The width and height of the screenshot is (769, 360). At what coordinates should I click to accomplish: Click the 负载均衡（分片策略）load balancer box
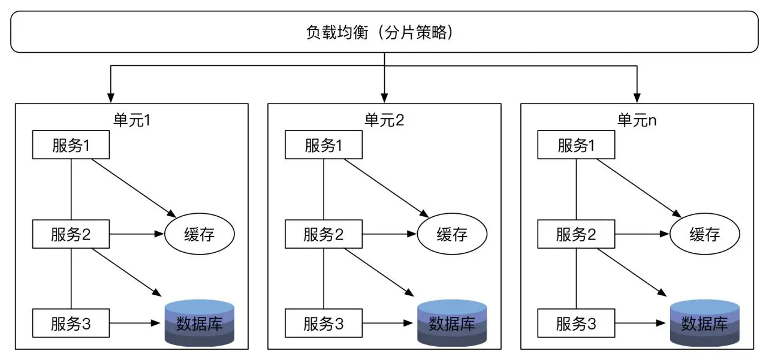384,32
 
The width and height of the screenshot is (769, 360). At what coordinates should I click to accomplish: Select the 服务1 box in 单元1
71,146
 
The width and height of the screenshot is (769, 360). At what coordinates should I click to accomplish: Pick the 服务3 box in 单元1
71,324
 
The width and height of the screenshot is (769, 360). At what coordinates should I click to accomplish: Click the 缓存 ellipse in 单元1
199,234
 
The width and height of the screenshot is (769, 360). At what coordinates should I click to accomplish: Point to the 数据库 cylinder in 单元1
199,323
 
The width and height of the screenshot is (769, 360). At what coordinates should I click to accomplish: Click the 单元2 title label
384,119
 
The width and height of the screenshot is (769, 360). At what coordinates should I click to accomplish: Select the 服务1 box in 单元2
324,146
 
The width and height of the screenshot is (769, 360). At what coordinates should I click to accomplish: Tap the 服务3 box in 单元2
324,324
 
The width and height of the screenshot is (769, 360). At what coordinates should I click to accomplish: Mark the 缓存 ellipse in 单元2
452,234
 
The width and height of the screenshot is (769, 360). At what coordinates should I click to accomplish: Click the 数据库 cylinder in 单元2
452,323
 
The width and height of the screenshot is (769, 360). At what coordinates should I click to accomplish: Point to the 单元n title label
637,119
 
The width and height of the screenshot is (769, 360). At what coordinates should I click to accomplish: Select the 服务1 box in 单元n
577,146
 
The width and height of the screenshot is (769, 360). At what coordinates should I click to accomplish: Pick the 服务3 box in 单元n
577,324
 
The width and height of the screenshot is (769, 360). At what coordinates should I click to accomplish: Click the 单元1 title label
131,119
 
